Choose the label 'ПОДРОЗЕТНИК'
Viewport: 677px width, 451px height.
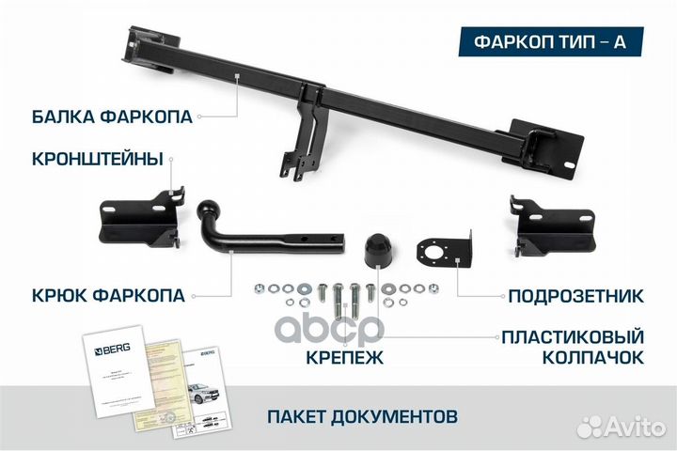(575, 297)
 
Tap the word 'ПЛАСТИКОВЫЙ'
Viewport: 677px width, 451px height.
(573, 335)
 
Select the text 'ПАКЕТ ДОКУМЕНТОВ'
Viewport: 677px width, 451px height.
(363, 414)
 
